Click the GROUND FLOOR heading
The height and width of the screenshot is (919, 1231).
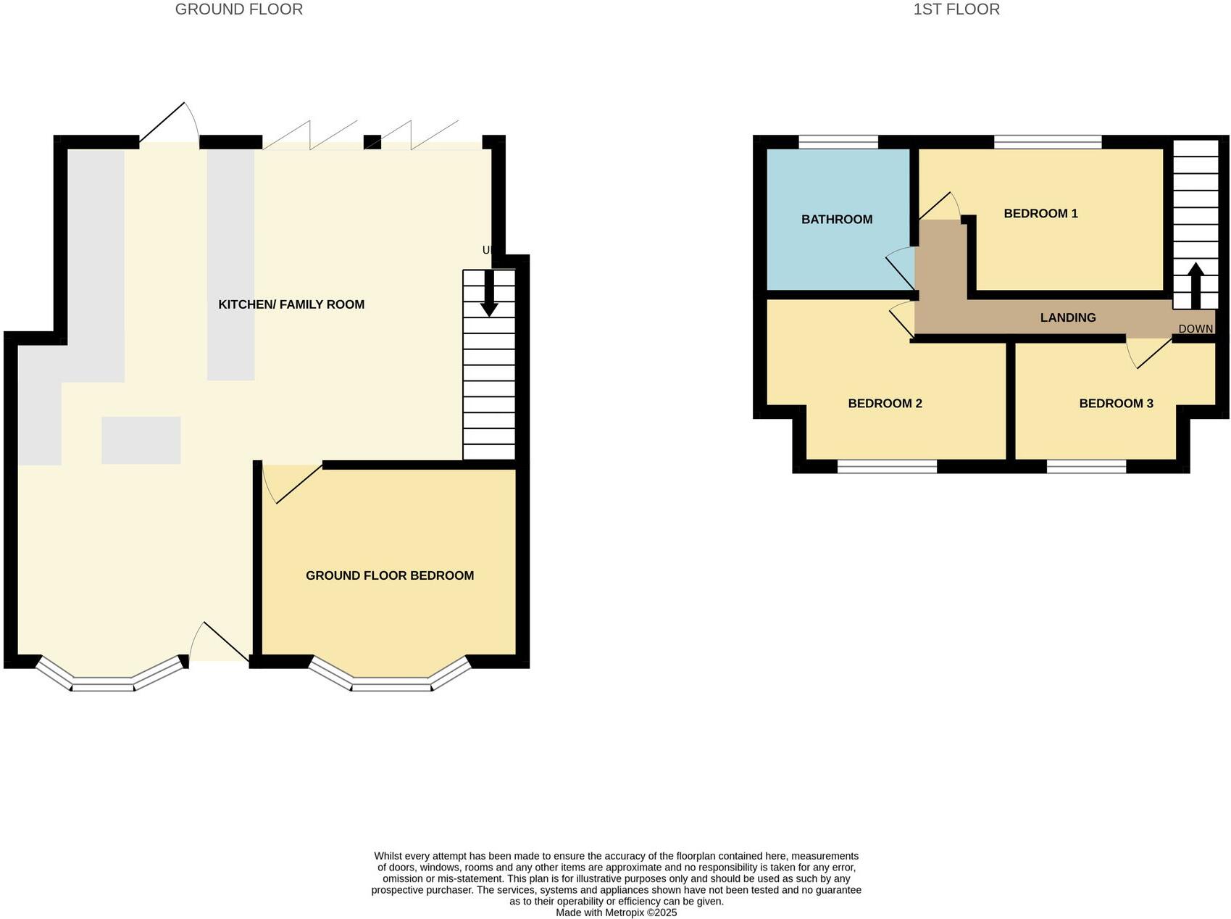click(238, 9)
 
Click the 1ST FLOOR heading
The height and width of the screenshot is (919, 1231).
click(956, 9)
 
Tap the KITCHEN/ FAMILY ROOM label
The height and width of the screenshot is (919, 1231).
click(291, 304)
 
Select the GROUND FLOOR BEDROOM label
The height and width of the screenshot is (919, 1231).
click(390, 575)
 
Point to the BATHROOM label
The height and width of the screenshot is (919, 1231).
click(836, 220)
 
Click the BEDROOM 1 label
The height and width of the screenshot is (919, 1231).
click(1040, 213)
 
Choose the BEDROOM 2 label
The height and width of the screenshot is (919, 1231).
click(885, 404)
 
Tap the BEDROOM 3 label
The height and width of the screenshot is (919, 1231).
click(1116, 404)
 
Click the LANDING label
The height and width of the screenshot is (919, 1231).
click(1067, 317)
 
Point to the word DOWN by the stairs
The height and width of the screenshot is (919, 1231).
click(1195, 329)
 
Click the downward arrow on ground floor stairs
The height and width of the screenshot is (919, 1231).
click(489, 294)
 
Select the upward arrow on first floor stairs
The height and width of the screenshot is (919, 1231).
click(1195, 285)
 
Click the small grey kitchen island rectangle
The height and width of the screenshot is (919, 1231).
click(141, 440)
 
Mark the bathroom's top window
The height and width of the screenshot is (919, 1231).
click(838, 142)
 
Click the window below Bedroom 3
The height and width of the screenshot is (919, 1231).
click(1086, 467)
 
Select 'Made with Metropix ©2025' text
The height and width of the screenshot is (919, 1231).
click(616, 912)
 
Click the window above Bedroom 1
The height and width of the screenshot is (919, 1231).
click(1047, 142)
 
